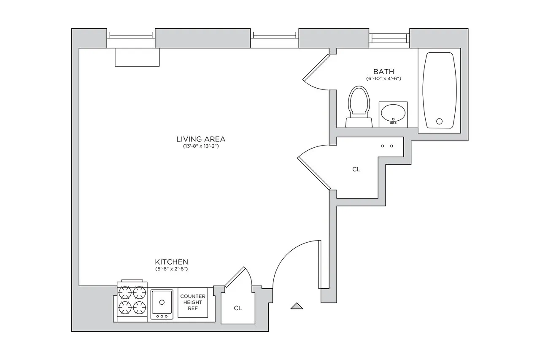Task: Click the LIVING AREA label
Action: pos(201,139)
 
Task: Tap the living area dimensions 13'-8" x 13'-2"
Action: pos(201,146)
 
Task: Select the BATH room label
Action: pos(383,71)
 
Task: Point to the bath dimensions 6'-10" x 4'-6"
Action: pos(383,78)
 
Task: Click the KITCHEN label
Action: pos(171,262)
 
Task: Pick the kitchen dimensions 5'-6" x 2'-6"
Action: pos(171,269)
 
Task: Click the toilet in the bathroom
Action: pos(359,106)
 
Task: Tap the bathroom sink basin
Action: pos(393,113)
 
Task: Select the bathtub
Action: pos(439,90)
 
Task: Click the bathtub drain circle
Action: pos(439,122)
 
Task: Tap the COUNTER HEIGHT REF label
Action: pos(193,302)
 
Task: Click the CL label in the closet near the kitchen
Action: pos(238,308)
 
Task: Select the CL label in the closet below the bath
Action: pos(356,169)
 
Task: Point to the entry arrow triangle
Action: pos(297,306)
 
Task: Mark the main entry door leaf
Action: pos(320,265)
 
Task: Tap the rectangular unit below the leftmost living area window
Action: pos(138,57)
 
